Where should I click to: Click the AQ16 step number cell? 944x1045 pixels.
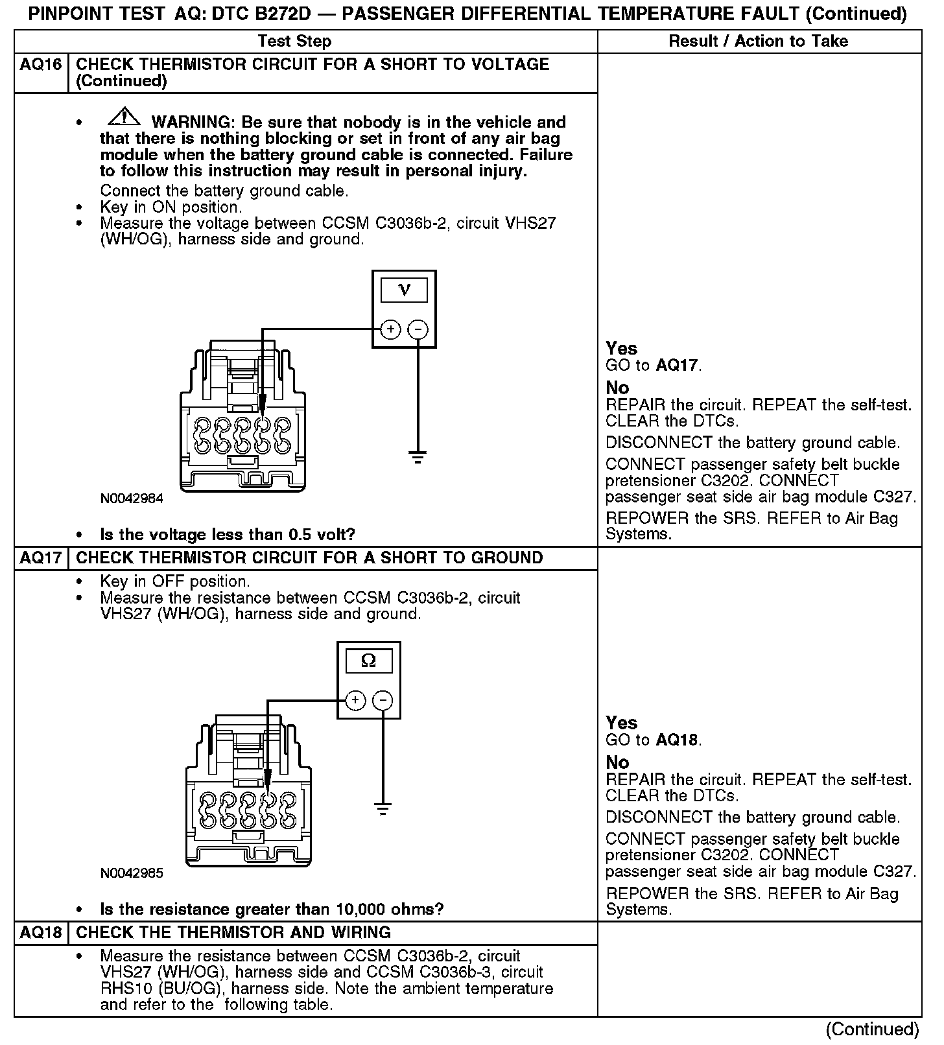click(x=41, y=65)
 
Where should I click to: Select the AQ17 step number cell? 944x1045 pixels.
click(x=41, y=558)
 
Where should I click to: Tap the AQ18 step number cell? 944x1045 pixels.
click(x=41, y=933)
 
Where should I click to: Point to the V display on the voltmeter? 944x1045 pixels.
click(x=404, y=290)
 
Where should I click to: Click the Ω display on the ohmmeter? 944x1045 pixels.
click(x=368, y=661)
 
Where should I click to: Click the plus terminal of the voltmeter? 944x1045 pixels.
click(x=390, y=330)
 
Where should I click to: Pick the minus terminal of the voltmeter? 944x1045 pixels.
click(x=418, y=330)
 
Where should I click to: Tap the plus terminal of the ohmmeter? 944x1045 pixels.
click(x=355, y=701)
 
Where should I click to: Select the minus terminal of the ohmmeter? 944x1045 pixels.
click(x=383, y=701)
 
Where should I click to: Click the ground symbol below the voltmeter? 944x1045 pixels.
click(x=418, y=458)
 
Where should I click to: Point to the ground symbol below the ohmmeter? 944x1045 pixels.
click(x=383, y=810)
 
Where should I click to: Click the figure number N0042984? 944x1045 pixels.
click(x=132, y=499)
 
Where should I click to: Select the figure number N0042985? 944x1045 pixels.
click(x=132, y=873)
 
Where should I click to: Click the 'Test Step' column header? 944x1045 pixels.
click(x=294, y=41)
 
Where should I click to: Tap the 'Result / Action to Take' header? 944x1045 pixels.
click(x=758, y=41)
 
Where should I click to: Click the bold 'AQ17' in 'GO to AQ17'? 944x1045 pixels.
click(x=677, y=366)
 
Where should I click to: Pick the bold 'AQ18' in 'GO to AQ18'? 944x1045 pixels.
click(x=677, y=740)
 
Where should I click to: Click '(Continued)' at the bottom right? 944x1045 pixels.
click(x=871, y=1029)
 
